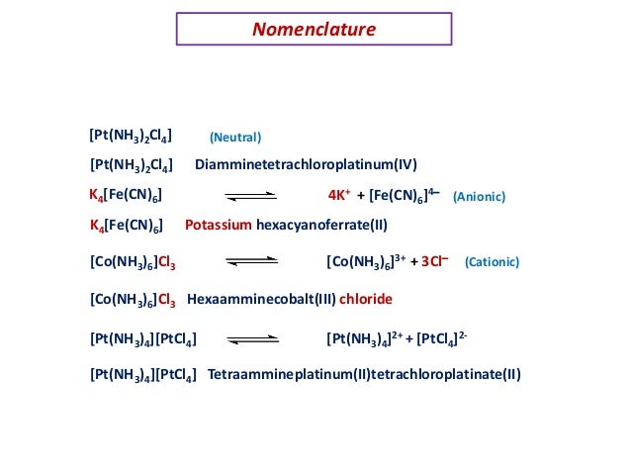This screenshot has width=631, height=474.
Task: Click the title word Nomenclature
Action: (x=314, y=30)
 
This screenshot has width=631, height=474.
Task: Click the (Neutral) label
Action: (x=235, y=138)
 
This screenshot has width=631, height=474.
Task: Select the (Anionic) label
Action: (x=479, y=198)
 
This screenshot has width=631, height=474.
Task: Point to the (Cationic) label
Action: (x=492, y=264)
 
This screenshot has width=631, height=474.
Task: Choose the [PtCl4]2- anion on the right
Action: (x=442, y=339)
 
